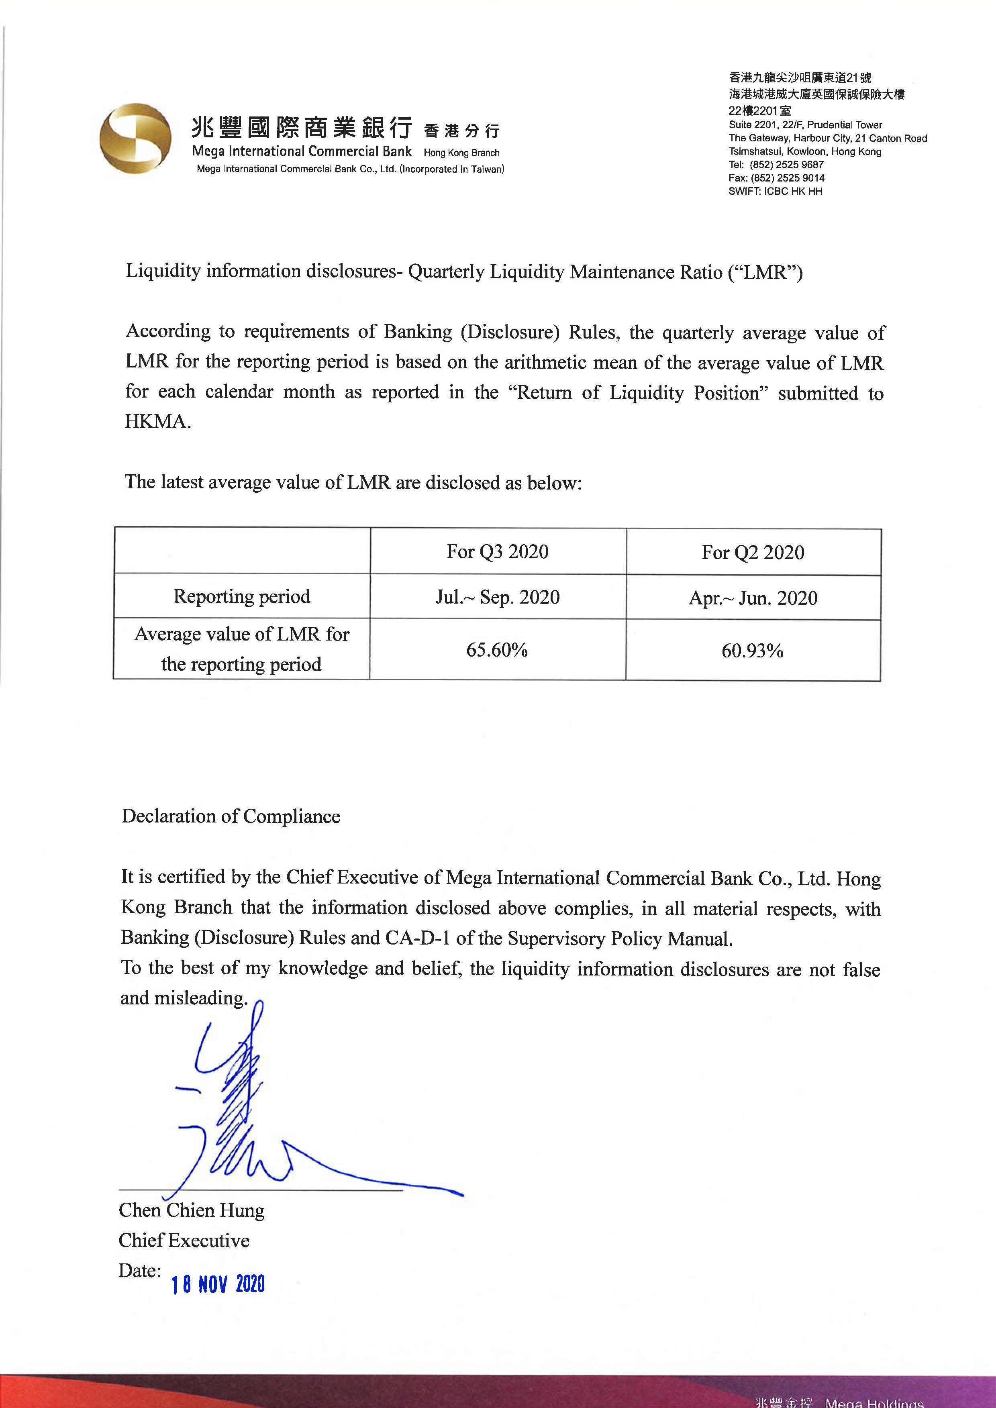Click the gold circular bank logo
click(135, 138)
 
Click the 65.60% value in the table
click(497, 649)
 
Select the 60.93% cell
click(753, 651)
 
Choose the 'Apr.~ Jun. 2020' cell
click(753, 598)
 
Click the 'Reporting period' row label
click(242, 596)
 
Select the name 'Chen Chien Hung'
click(191, 1210)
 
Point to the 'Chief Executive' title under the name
click(184, 1241)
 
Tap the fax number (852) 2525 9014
click(788, 178)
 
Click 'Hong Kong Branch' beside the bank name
click(461, 153)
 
